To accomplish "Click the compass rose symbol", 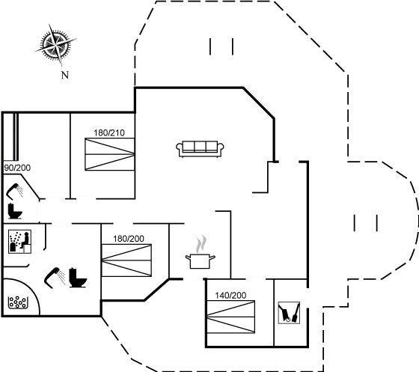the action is point(55,45).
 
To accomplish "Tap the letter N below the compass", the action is point(65,75).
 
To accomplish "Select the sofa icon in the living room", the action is point(200,149).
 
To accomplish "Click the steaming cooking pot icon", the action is point(201,261).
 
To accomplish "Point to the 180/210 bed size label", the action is point(109,132).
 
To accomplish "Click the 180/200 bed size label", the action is point(129,239).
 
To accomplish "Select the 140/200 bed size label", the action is point(230,296).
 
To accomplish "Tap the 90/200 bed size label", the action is point(17,168).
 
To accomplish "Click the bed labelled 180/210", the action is point(109,154).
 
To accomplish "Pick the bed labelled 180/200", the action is point(126,260).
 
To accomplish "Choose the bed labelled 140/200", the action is point(231,317).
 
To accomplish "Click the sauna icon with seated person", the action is point(19,242).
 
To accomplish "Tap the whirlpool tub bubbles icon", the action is point(18,302).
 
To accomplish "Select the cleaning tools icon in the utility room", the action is point(289,313).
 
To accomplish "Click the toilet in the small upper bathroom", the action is point(15,211).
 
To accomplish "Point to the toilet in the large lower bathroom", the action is point(78,278).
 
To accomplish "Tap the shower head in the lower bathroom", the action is point(55,278).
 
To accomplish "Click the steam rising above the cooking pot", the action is point(202,244).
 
